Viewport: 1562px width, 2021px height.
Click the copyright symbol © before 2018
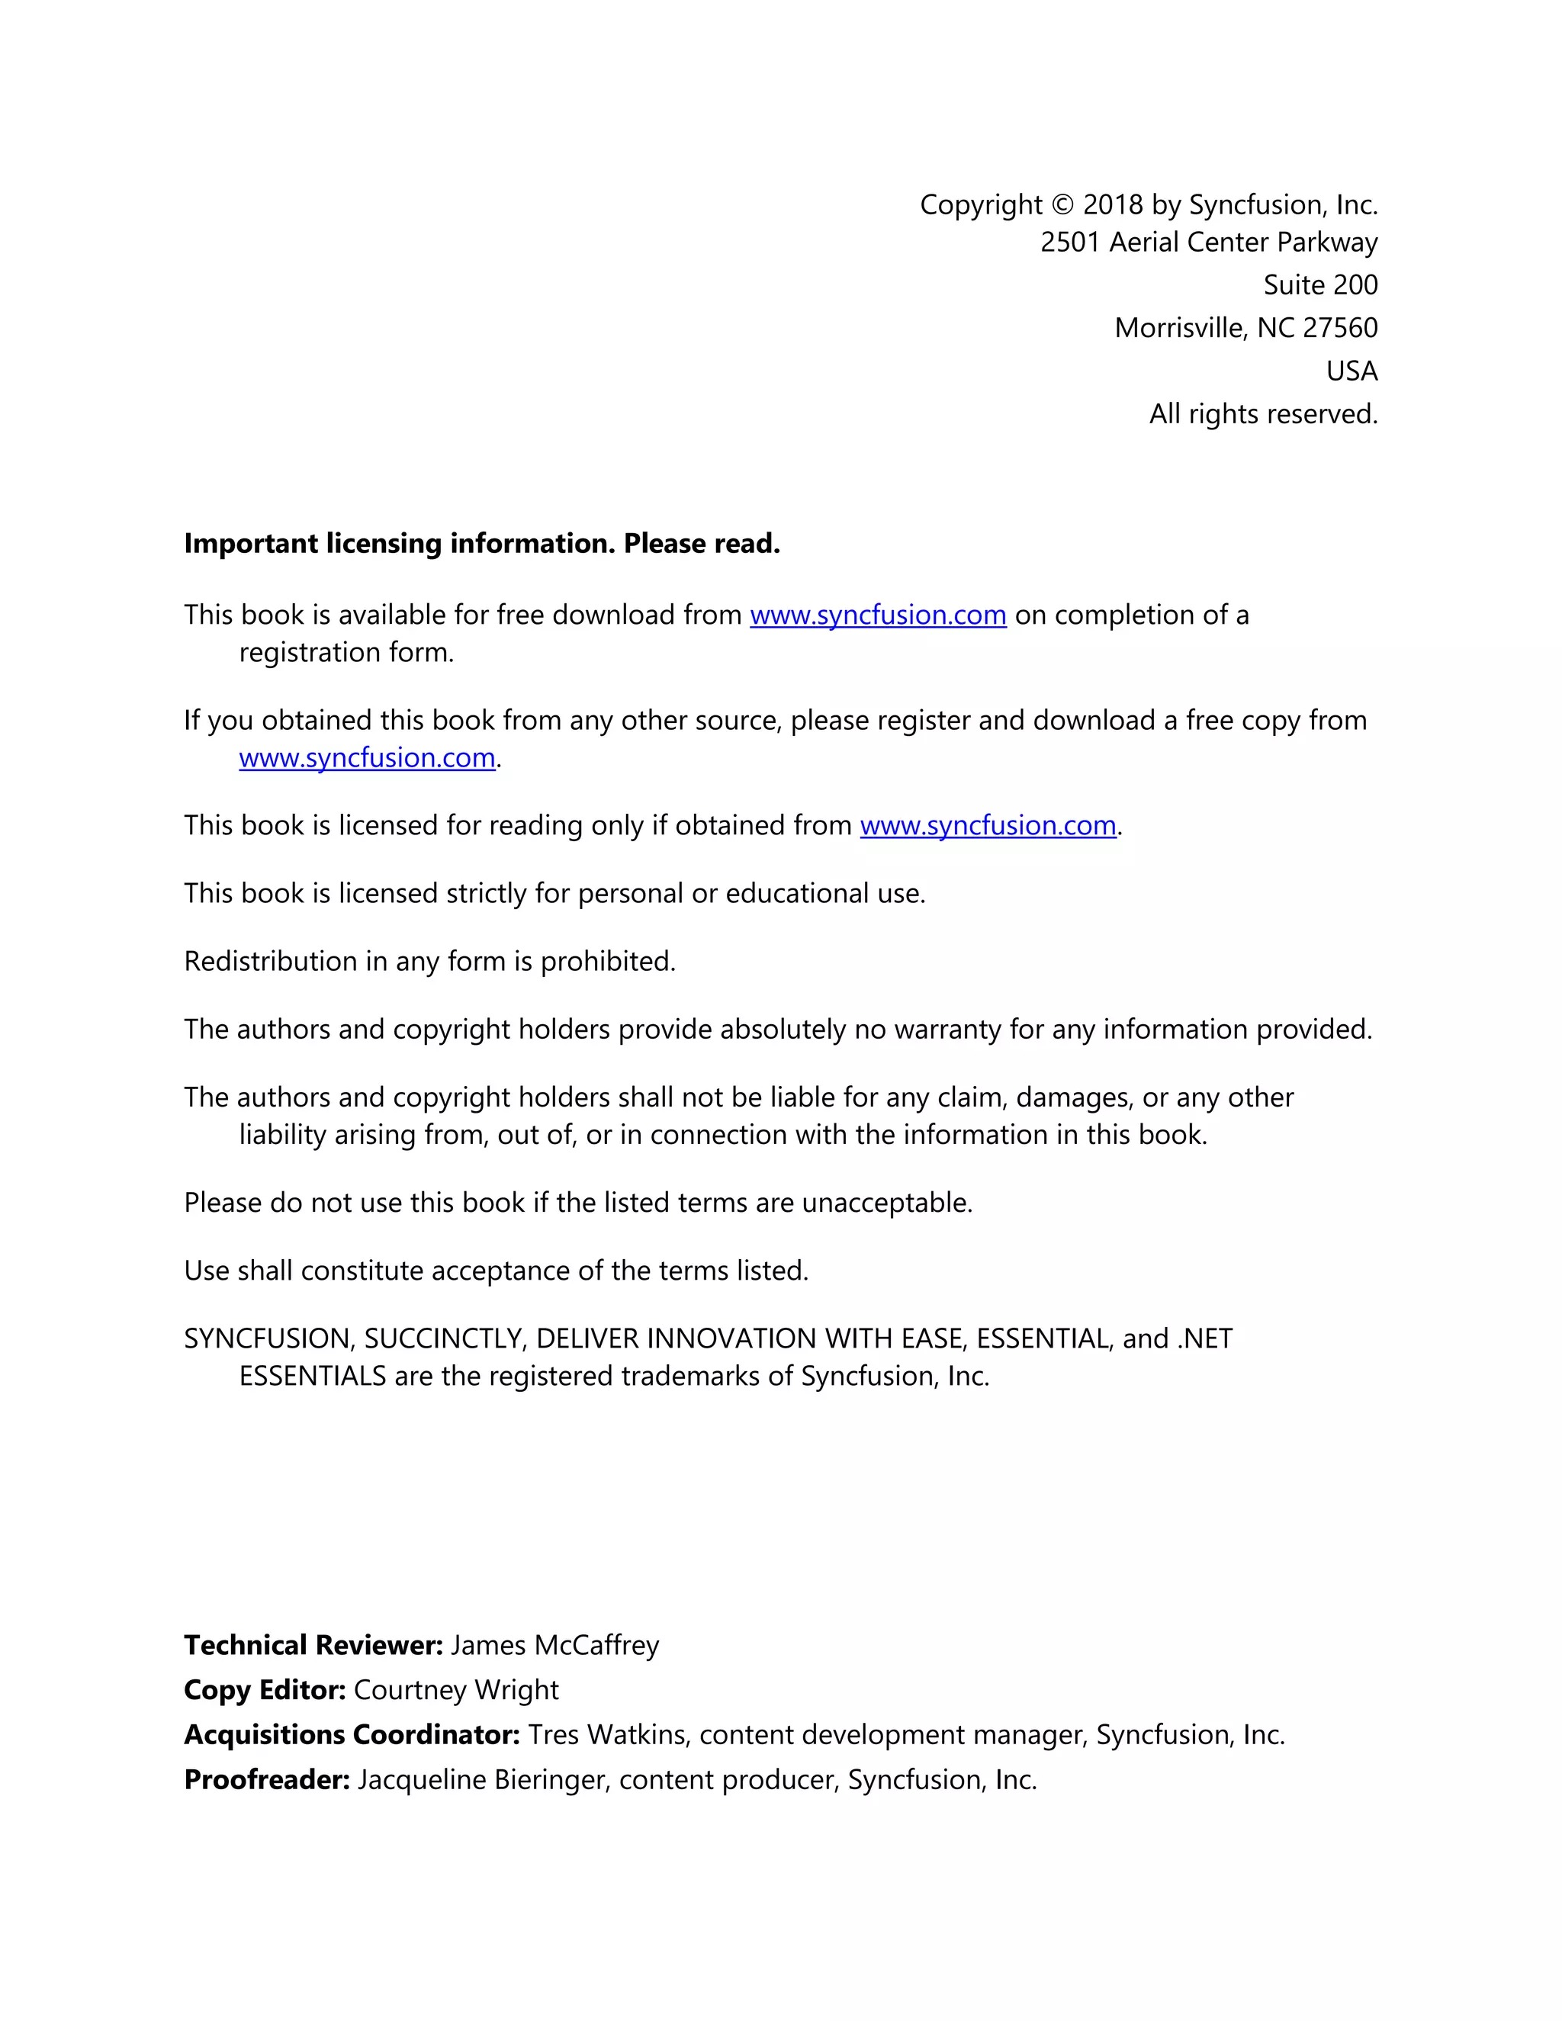1063,204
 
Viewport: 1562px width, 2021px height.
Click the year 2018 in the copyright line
1114,204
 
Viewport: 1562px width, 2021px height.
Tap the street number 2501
1070,243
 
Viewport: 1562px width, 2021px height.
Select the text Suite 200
1320,285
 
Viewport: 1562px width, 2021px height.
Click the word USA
1352,371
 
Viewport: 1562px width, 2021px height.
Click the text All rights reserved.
1263,413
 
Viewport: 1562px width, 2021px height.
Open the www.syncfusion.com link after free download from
877,615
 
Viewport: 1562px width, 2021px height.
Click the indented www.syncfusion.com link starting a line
366,758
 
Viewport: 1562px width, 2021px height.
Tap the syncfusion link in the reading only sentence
988,825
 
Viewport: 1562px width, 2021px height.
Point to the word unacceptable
885,1203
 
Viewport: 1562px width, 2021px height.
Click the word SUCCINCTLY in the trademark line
443,1339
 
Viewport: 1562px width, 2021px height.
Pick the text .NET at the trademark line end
1205,1339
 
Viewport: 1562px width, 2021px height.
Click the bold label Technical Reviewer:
313,1645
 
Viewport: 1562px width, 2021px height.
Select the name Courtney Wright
456,1690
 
